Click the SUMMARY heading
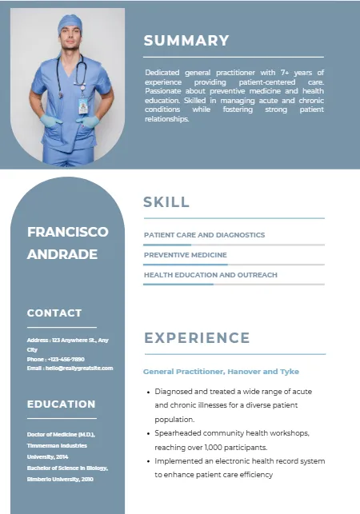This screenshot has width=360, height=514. coord(186,41)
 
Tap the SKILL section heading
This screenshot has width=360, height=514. coord(166,202)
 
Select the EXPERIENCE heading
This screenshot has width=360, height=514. coord(197,338)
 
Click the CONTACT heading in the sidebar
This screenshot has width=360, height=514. coord(54,313)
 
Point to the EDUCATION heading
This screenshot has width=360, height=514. coord(61,404)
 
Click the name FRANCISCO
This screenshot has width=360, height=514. coord(67,232)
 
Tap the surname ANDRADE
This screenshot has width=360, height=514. coord(62,254)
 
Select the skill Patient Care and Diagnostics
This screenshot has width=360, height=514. coord(204,235)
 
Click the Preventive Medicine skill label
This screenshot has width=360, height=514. coord(186,255)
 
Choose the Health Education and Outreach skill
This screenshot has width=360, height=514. coord(210,275)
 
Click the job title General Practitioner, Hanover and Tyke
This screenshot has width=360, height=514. coord(221,372)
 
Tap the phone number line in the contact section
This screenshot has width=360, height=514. coord(55,359)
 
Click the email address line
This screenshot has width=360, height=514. coord(70,368)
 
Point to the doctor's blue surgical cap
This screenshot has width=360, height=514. coord(70,22)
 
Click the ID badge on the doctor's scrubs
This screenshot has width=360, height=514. coord(83,106)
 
